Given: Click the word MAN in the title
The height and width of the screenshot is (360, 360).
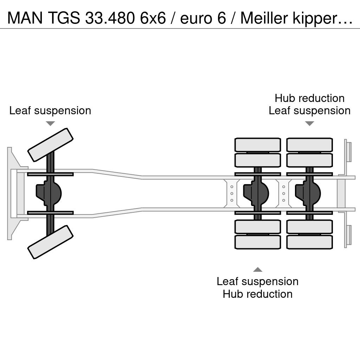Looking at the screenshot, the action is pyautogui.click(x=25, y=18).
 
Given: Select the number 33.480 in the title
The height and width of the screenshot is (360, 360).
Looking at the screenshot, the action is pyautogui.click(x=110, y=18).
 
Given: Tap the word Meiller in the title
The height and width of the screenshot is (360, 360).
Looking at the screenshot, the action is pyautogui.click(x=264, y=18).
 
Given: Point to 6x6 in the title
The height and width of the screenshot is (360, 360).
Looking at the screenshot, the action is pyautogui.click(x=153, y=18).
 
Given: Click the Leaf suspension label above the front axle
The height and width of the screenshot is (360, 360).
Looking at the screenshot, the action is pyautogui.click(x=50, y=110).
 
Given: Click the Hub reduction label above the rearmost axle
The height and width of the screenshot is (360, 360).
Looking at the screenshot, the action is pyautogui.click(x=309, y=98).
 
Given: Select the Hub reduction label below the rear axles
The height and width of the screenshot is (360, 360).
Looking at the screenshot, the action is pyautogui.click(x=258, y=294).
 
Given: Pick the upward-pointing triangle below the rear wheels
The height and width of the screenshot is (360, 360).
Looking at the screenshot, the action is pyautogui.click(x=258, y=270).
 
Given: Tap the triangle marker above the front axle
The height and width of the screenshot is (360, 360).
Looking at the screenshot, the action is pyautogui.click(x=50, y=123).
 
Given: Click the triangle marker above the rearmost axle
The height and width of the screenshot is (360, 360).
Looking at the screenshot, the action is pyautogui.click(x=309, y=123).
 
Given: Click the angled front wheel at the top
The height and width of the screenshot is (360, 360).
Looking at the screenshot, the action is pyautogui.click(x=50, y=145).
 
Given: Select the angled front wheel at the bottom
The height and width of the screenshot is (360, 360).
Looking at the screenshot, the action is pyautogui.click(x=50, y=242).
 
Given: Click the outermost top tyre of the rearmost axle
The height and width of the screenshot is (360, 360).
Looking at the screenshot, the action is pyautogui.click(x=309, y=145).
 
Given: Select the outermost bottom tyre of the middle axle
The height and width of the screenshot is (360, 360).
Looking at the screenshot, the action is pyautogui.click(x=258, y=242).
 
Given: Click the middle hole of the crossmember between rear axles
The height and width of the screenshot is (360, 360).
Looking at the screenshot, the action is pyautogui.click(x=284, y=194).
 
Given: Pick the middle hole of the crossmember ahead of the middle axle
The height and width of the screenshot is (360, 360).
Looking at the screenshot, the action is pyautogui.click(x=232, y=194).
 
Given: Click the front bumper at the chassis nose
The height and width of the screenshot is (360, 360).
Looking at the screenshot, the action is pyautogui.click(x=9, y=193).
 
